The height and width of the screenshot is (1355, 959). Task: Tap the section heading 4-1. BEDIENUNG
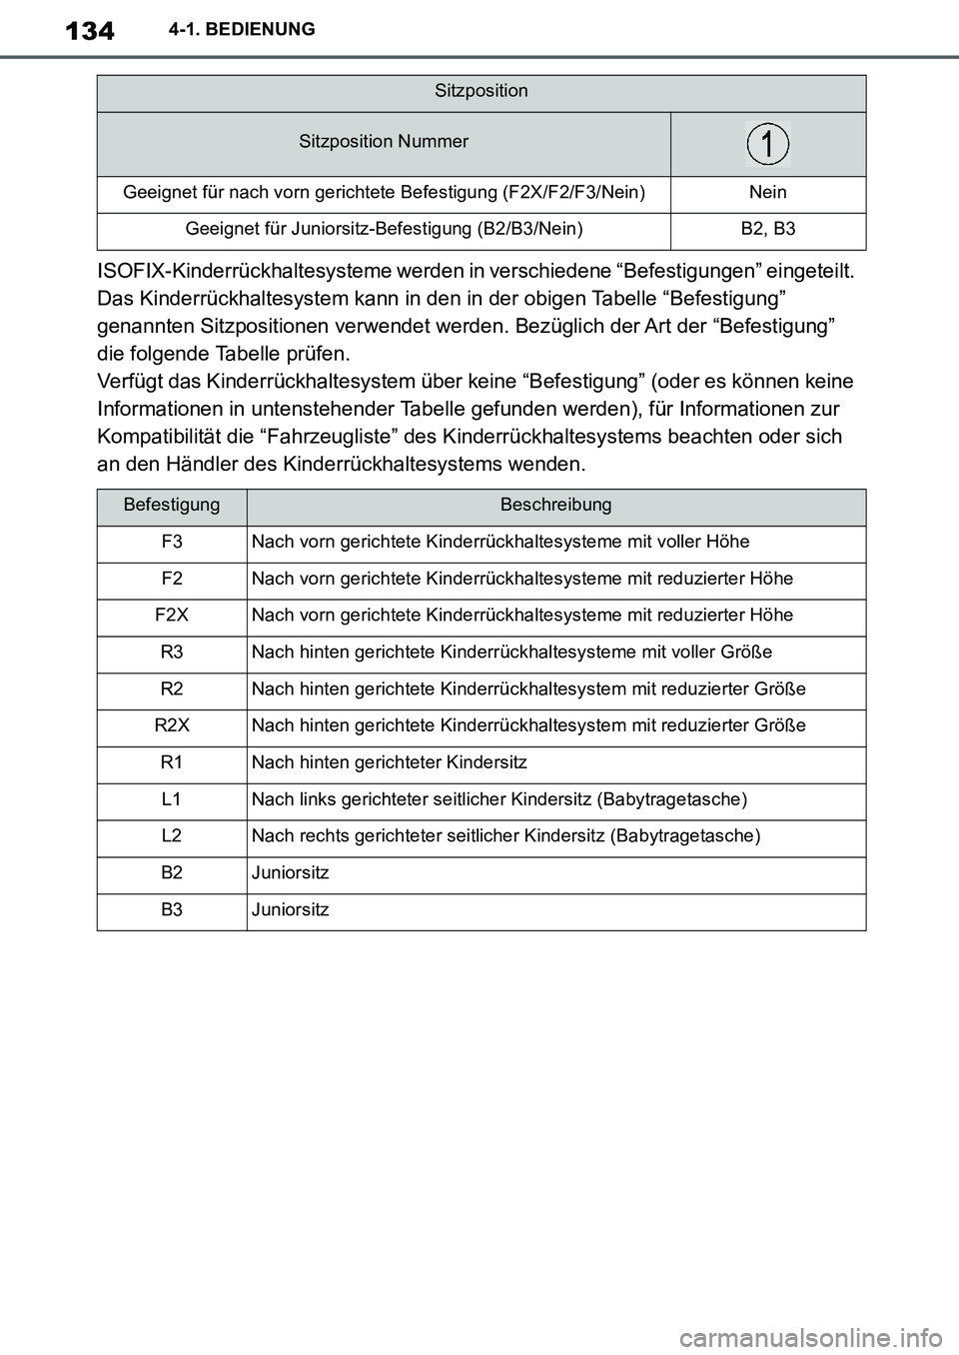(238, 30)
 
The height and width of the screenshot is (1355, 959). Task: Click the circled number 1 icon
(767, 144)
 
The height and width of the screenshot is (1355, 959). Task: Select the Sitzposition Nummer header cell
(384, 142)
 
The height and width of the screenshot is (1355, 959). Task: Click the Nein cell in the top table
(767, 193)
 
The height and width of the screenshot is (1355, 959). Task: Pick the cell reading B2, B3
(767, 230)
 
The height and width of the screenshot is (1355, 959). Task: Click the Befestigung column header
(172, 506)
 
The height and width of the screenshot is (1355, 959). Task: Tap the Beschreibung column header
(555, 506)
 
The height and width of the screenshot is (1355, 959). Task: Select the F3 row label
(172, 543)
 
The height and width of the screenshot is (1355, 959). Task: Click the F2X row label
(172, 616)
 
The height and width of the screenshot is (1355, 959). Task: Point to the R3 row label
(172, 653)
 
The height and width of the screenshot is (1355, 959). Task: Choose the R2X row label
(172, 726)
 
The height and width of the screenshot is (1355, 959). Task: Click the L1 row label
(172, 800)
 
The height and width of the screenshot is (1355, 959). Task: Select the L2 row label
(172, 836)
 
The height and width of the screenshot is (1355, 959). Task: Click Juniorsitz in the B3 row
(290, 910)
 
